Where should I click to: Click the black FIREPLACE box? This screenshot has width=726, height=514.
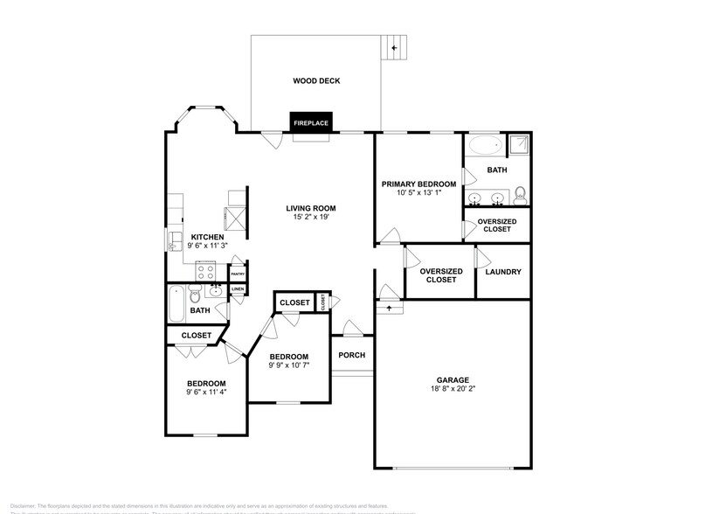[x=310, y=123]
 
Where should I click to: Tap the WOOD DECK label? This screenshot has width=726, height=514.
[x=315, y=81]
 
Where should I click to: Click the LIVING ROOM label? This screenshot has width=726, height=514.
[x=310, y=208]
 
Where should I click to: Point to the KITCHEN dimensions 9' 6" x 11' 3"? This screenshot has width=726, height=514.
[x=208, y=247]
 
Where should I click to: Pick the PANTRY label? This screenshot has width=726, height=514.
[x=237, y=274]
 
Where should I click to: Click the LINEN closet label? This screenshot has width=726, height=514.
[x=237, y=289]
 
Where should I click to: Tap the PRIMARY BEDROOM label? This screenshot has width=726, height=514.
[x=418, y=184]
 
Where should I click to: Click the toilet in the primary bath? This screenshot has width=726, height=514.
[x=520, y=192]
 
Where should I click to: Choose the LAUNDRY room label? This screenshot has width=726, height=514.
[x=502, y=272]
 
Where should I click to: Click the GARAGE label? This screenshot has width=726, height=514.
[x=453, y=380]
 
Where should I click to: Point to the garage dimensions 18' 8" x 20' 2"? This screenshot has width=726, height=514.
[x=453, y=391]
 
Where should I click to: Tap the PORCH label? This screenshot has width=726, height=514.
[x=351, y=355]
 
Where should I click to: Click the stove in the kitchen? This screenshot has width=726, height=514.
[x=206, y=269]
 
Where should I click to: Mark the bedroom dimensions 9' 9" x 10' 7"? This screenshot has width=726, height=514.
[x=288, y=366]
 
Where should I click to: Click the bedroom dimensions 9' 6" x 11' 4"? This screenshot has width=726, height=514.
[x=206, y=393]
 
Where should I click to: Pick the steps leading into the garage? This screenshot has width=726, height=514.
[x=389, y=308]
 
